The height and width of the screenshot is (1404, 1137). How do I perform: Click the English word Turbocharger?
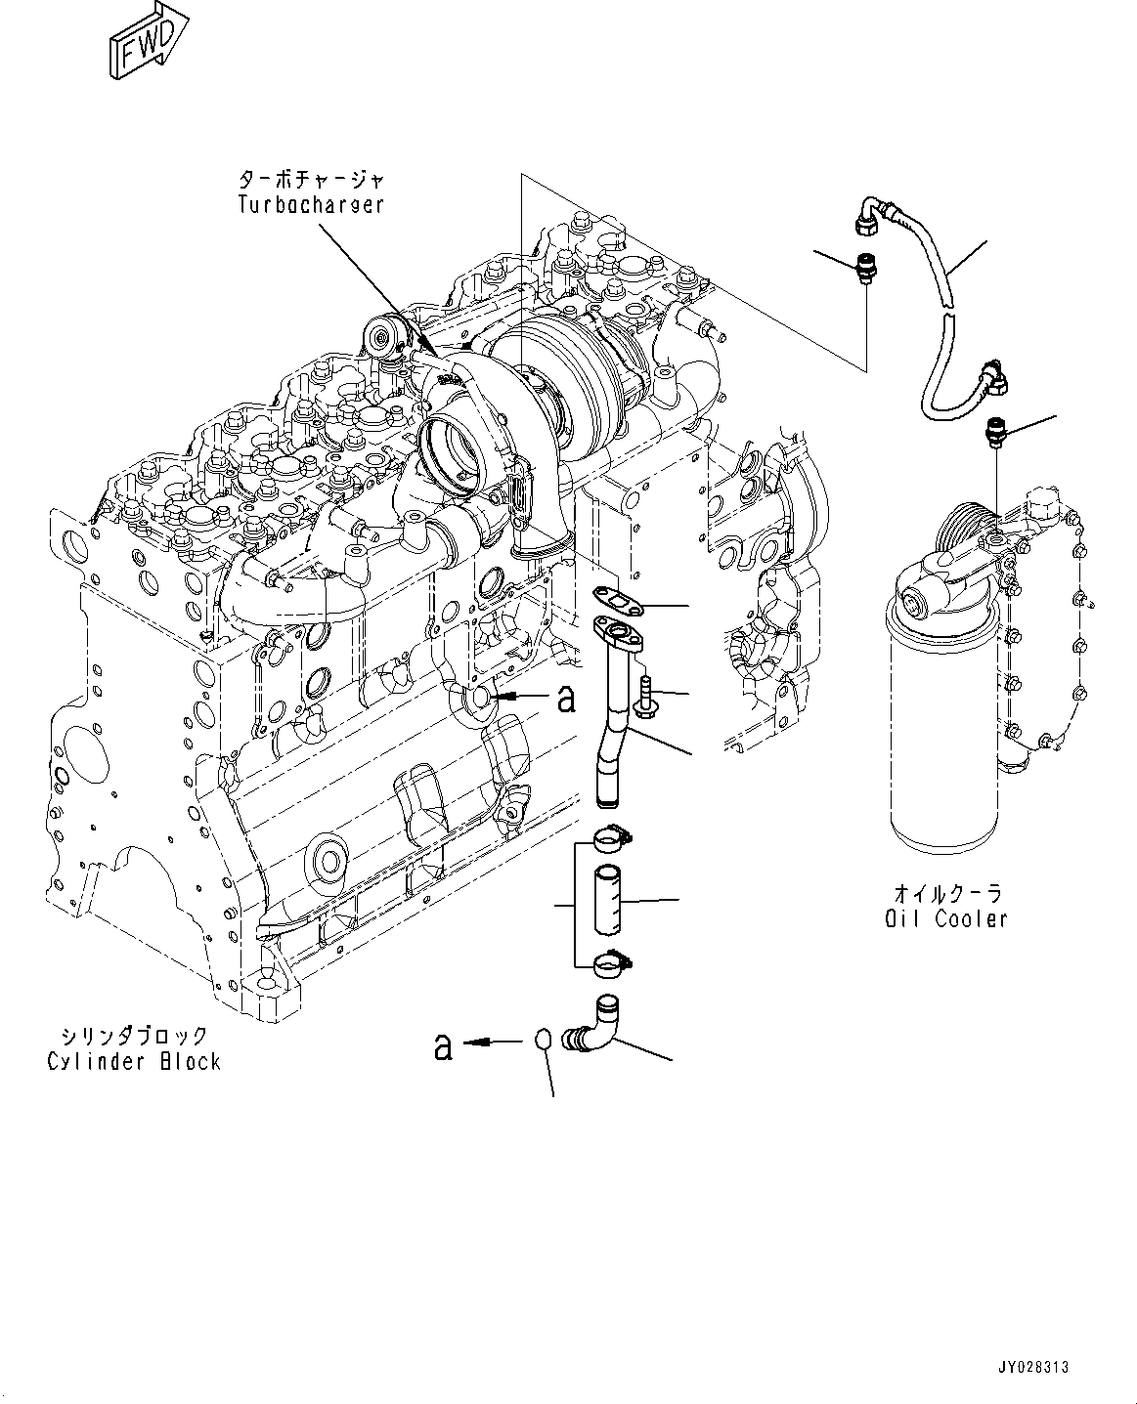click(x=311, y=205)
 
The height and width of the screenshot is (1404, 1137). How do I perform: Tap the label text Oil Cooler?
click(x=942, y=918)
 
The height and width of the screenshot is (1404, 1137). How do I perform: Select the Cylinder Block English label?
click(x=134, y=1062)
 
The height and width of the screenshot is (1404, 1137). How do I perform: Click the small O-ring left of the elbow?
click(x=547, y=1040)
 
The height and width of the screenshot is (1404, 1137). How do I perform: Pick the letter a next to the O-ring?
click(x=443, y=1047)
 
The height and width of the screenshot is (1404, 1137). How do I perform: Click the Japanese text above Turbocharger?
click(x=311, y=180)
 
